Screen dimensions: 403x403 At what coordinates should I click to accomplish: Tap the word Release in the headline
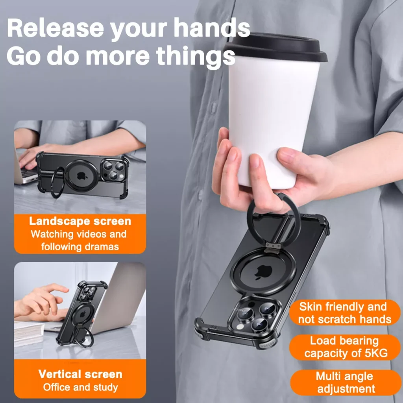55,28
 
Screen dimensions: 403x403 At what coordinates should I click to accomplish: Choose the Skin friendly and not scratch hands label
344,313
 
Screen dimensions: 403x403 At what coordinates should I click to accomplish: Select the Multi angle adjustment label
345,383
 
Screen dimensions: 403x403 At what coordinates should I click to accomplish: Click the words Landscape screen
80,221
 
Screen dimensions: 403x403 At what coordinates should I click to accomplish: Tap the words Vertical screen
80,374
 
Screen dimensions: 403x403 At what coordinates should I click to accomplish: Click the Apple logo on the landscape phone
82,176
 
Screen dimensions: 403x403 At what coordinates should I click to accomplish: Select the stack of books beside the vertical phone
28,333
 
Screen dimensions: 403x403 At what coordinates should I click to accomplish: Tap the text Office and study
80,387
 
